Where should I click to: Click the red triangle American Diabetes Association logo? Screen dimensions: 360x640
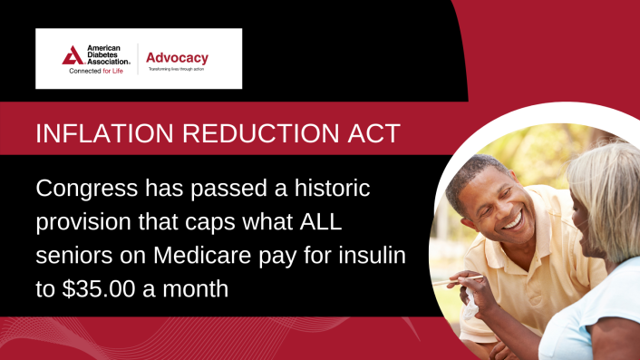tap(73, 55)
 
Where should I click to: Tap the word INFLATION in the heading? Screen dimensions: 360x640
tap(93, 134)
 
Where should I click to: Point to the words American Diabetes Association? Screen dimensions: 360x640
tap(108, 55)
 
